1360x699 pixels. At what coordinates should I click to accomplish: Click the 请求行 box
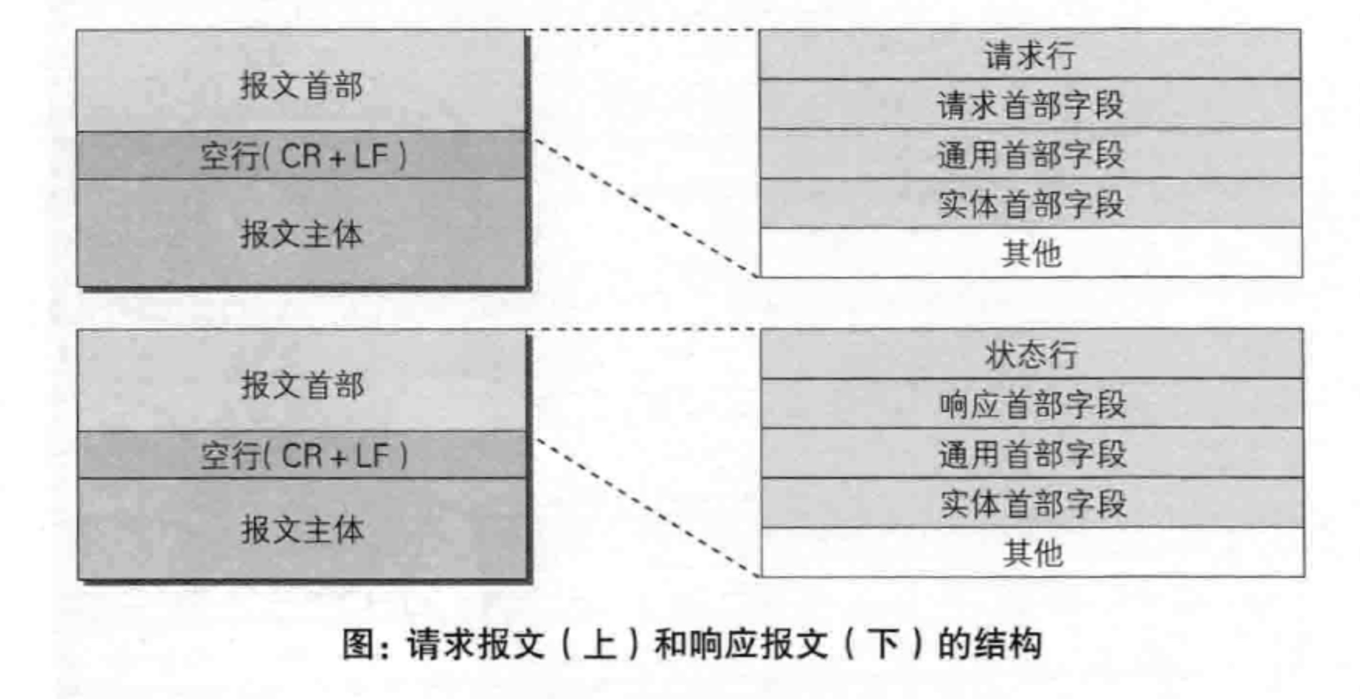coord(1030,55)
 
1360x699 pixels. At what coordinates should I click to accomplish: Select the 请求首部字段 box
coord(1030,104)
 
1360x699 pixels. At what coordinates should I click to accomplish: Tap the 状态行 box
coord(1031,354)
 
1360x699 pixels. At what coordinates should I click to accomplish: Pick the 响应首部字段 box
coord(1032,404)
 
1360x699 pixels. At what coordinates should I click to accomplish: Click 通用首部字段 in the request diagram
coord(1030,154)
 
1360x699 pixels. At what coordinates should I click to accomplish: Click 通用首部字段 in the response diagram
coord(1032,453)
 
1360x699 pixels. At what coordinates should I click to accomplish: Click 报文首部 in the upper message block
coord(301,85)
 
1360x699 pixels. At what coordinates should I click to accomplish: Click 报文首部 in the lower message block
coord(302,384)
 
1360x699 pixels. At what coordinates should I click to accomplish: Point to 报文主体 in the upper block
coord(301,234)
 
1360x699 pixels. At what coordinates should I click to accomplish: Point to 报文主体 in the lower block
coord(303,529)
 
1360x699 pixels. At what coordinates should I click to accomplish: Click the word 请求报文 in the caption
coord(476,644)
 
